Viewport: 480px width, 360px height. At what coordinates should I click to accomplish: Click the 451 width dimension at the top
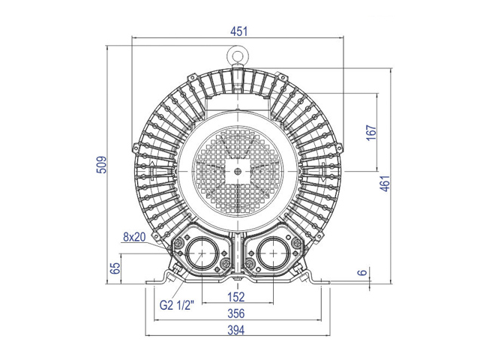click(x=238, y=31)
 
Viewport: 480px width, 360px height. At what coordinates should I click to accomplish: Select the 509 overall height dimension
click(x=102, y=165)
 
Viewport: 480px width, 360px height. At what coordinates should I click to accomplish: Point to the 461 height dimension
click(x=385, y=183)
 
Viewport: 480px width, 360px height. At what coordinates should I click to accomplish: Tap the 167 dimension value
click(x=371, y=133)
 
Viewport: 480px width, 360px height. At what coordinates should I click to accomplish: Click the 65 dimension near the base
click(x=115, y=268)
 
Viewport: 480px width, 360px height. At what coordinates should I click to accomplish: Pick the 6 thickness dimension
click(x=362, y=272)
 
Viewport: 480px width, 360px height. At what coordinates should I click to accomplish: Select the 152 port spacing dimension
click(x=236, y=297)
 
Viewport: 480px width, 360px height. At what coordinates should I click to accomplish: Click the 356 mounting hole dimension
click(x=236, y=313)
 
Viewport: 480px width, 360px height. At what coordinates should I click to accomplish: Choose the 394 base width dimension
click(x=236, y=330)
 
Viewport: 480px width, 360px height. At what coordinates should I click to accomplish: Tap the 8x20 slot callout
click(x=134, y=237)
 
